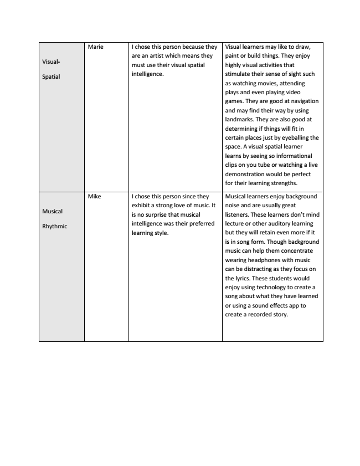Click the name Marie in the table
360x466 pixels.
96,47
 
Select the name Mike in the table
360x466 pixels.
95,196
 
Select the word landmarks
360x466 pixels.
241,119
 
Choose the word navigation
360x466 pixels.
300,101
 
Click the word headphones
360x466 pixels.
257,260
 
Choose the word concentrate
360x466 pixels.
299,250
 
